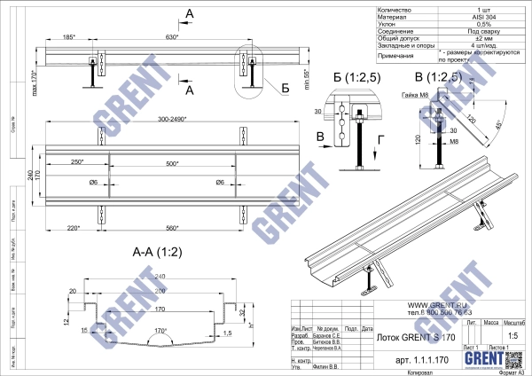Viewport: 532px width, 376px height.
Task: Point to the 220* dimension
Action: click(74, 228)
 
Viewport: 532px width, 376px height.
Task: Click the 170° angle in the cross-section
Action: click(161, 331)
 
